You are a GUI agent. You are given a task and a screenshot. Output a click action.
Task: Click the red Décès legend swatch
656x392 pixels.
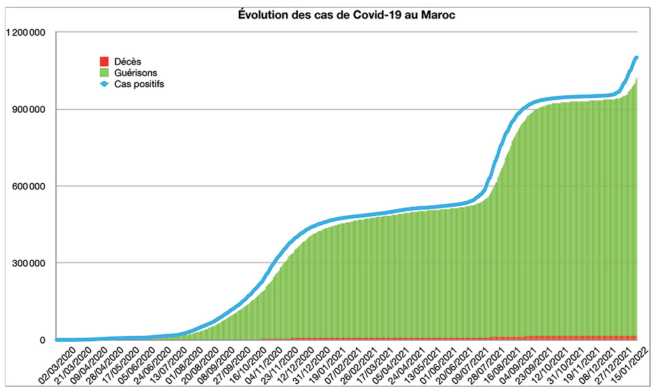[x=104, y=62]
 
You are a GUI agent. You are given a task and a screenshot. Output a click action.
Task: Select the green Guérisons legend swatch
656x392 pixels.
[x=104, y=73]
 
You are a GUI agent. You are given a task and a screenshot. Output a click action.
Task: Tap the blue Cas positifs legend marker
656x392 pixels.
[x=104, y=84]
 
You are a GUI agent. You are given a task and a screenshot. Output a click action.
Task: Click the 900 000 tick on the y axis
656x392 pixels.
[x=30, y=109]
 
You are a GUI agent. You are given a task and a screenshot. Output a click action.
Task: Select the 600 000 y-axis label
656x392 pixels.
[x=30, y=186]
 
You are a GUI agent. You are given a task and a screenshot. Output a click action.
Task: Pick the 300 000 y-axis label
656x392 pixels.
[x=30, y=264]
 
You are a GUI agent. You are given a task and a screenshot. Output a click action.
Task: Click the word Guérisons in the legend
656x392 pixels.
[x=136, y=73]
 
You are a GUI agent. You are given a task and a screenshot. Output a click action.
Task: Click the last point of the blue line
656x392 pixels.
[x=636, y=58]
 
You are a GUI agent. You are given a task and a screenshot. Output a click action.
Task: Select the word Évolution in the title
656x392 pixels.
[x=260, y=15]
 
